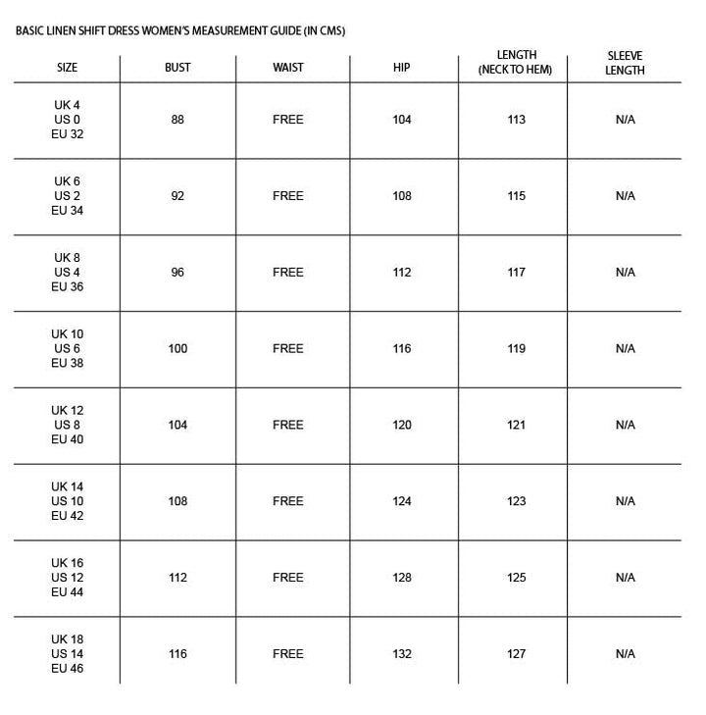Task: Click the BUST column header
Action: pyautogui.click(x=177, y=68)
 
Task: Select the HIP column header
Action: pyautogui.click(x=401, y=68)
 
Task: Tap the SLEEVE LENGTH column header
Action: pyautogui.click(x=625, y=63)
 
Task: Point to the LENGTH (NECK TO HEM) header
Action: pyautogui.click(x=516, y=63)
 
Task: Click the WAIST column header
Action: pyautogui.click(x=288, y=68)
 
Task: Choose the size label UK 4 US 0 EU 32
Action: pyautogui.click(x=68, y=120)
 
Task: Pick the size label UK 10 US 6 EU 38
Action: pyautogui.click(x=68, y=348)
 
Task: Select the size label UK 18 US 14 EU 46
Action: pyautogui.click(x=68, y=654)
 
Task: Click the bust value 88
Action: pyautogui.click(x=177, y=120)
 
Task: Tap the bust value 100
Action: pyautogui.click(x=177, y=348)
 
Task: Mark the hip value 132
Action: pyautogui.click(x=402, y=654)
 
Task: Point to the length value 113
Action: pyautogui.click(x=517, y=120)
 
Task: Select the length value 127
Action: pyautogui.click(x=517, y=654)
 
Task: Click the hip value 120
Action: pyautogui.click(x=402, y=425)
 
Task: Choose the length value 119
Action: pyautogui.click(x=517, y=348)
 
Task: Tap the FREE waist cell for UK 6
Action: pyautogui.click(x=288, y=196)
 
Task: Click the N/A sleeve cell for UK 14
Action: pyautogui.click(x=626, y=501)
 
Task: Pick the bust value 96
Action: pyautogui.click(x=177, y=273)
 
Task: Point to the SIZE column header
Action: pyautogui.click(x=68, y=68)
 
